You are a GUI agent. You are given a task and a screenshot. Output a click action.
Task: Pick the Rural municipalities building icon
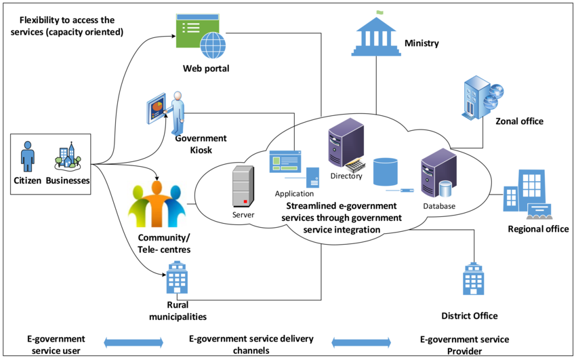177,278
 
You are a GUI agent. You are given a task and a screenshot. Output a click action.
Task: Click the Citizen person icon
28,157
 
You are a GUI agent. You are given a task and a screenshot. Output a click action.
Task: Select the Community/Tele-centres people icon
157,204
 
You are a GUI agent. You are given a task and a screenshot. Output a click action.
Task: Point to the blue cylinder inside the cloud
386,172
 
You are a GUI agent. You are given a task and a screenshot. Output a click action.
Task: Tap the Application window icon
285,163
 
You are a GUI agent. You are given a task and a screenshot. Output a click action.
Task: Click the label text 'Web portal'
206,68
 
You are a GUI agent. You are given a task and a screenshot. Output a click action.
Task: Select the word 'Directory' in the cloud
346,176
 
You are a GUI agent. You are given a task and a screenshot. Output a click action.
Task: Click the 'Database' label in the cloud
439,205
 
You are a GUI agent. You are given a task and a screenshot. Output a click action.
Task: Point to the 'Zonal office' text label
520,121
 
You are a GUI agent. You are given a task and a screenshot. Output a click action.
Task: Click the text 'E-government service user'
56,344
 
